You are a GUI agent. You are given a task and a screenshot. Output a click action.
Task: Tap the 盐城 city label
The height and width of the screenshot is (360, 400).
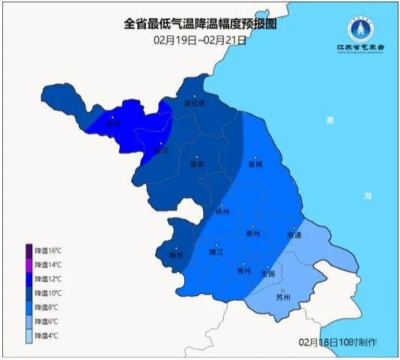(x=256, y=163)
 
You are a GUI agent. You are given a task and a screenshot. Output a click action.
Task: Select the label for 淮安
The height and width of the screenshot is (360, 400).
(x=198, y=163)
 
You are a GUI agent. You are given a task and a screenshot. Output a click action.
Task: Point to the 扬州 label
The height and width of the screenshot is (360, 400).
(x=222, y=212)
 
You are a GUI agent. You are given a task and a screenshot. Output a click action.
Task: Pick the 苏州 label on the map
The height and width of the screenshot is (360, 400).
(x=282, y=298)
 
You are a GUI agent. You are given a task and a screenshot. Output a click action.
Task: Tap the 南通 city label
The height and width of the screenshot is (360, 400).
(x=294, y=235)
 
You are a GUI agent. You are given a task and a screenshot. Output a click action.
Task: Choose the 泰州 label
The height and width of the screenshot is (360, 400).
(x=252, y=233)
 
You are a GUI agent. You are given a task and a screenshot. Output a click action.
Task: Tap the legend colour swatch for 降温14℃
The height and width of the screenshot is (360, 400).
(x=29, y=265)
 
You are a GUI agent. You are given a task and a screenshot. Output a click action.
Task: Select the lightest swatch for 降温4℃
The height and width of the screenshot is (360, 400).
(x=29, y=336)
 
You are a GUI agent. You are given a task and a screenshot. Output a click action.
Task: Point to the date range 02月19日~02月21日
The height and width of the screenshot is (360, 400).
(x=200, y=39)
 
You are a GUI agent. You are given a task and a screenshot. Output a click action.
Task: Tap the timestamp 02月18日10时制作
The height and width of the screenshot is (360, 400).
(x=338, y=342)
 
